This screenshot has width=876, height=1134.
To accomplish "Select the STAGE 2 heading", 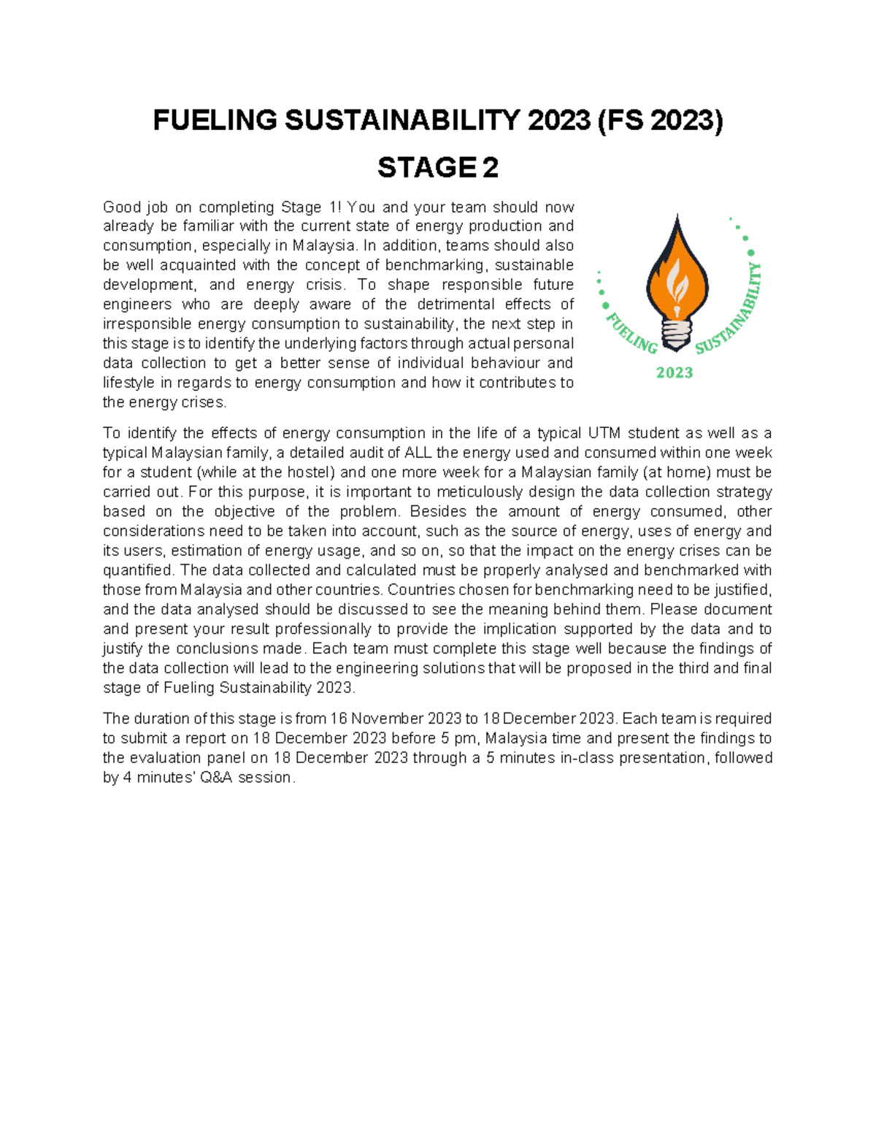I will (x=437, y=168).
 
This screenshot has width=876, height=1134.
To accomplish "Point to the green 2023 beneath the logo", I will (x=675, y=373).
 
